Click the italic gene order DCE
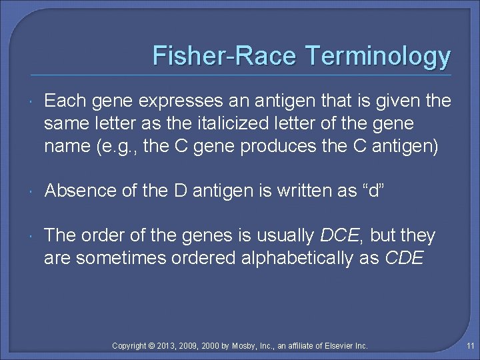341,235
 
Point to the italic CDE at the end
405,258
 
